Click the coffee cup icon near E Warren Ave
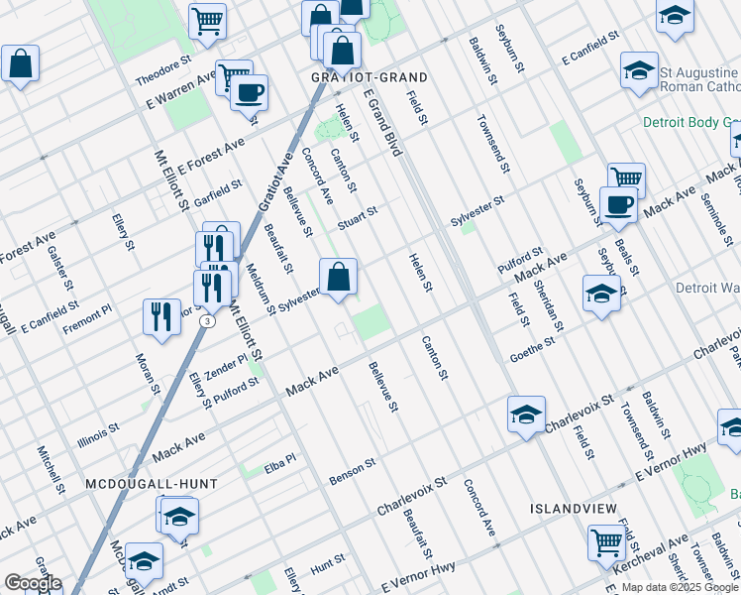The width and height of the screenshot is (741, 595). (x=248, y=92)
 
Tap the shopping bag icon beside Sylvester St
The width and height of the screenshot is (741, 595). (x=338, y=277)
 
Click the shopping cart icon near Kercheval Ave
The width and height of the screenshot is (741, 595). (x=605, y=541)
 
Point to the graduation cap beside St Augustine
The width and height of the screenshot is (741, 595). (x=639, y=69)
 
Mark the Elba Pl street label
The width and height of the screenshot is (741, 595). (x=280, y=459)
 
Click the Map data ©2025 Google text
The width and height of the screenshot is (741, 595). (x=679, y=587)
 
